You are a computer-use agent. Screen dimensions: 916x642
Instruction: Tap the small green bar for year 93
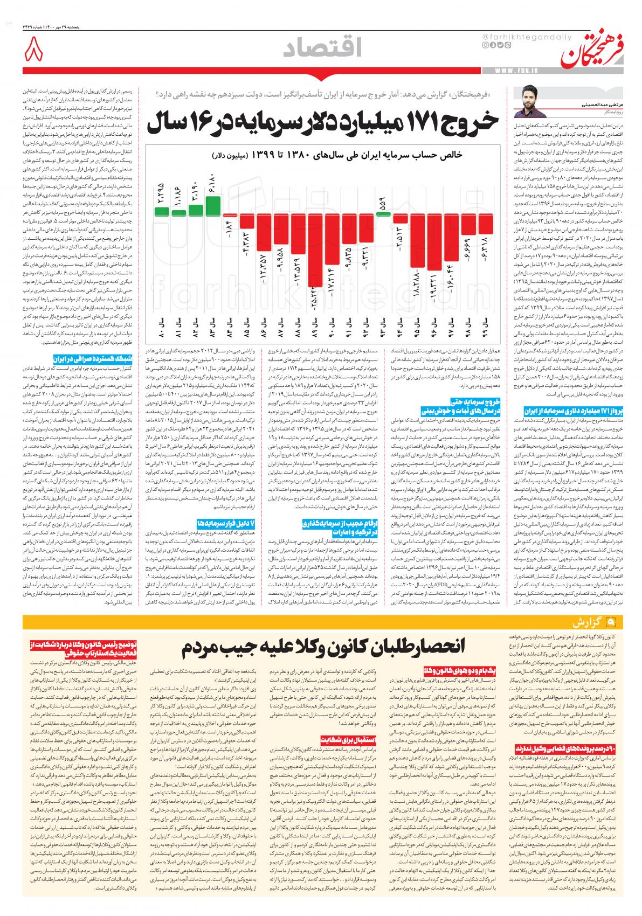point(383,213)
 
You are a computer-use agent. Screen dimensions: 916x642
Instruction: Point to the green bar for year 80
point(162,210)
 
